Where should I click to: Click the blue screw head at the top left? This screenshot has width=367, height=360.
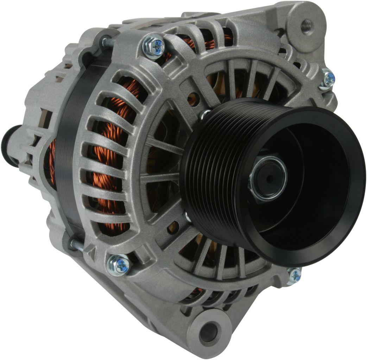click(x=155, y=46)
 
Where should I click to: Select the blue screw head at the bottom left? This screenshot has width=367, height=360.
click(x=119, y=265)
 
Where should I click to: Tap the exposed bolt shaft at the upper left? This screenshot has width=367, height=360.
click(x=107, y=42)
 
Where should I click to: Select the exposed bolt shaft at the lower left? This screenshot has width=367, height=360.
click(x=76, y=245)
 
